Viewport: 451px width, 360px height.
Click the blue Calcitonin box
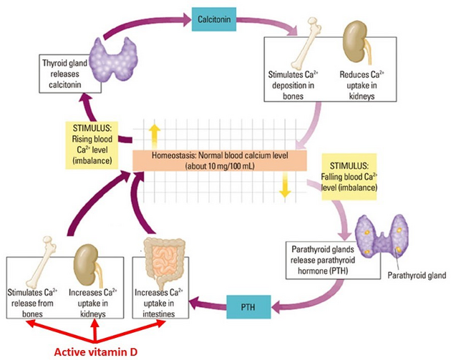[x=214, y=19]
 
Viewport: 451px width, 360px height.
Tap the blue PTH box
[x=248, y=307]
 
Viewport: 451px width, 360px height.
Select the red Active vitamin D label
[x=96, y=352]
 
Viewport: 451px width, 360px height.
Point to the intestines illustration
[x=163, y=261]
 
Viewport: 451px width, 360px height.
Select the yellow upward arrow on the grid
[x=155, y=136]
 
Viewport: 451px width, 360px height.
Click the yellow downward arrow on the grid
[x=285, y=185]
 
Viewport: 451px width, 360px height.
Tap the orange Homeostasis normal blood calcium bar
[x=220, y=160]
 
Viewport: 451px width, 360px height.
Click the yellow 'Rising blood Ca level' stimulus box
[x=92, y=145]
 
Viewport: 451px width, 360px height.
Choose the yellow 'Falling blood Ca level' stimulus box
[x=349, y=177]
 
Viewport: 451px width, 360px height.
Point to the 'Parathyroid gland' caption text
[x=417, y=276]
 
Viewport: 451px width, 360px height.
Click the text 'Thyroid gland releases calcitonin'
[x=64, y=74]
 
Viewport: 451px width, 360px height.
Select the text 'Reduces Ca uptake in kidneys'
[x=362, y=85]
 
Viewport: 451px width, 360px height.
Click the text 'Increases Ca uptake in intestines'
[x=159, y=303]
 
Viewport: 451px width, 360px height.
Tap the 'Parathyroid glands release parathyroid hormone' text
[x=323, y=261]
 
